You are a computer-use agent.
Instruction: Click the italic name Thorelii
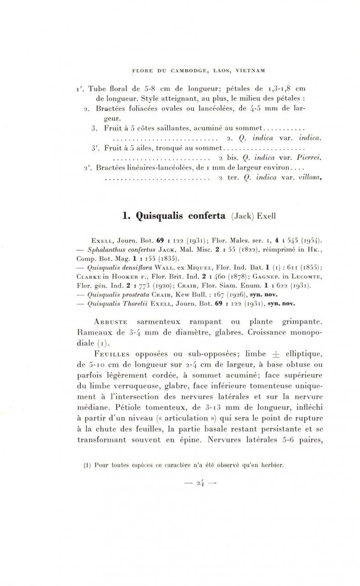point(140,303)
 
